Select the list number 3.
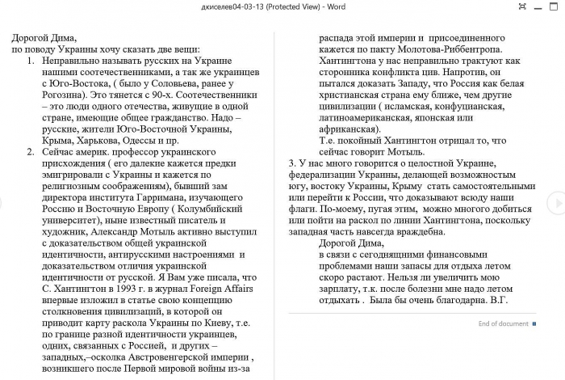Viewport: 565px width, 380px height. click(291, 162)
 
